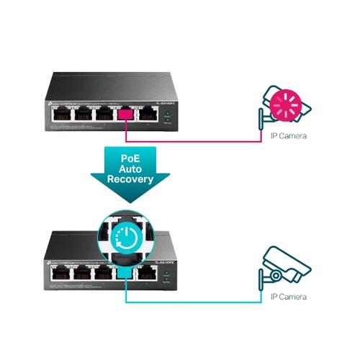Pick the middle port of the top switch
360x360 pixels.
pyautogui.click(x=102, y=115)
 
